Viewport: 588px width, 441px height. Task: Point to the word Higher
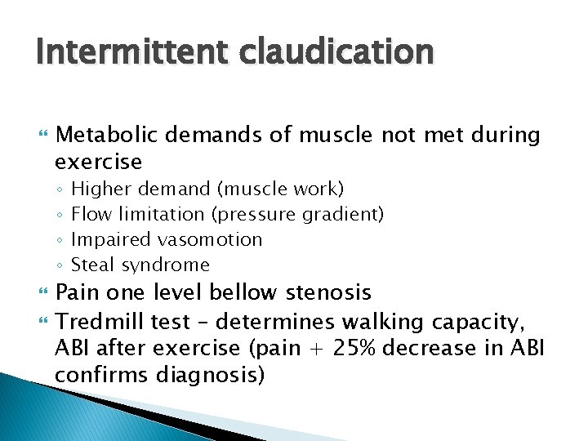click(x=102, y=189)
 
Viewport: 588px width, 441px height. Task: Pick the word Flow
click(x=91, y=215)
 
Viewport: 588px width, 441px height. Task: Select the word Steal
click(x=92, y=265)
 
